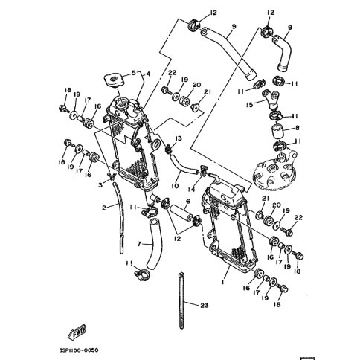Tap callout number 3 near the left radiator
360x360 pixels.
click(x=101, y=184)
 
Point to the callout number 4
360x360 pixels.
click(x=150, y=73)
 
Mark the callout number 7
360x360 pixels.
click(x=138, y=243)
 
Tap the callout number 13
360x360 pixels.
click(x=179, y=139)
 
